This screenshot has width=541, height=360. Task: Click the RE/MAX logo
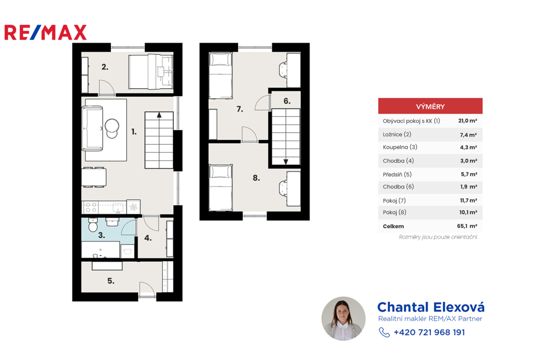tap(45, 32)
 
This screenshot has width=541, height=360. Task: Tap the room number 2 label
tap(105, 67)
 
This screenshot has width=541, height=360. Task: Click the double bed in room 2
tap(151, 72)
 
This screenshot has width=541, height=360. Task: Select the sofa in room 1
tap(92, 128)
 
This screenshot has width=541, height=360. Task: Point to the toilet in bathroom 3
tap(92, 225)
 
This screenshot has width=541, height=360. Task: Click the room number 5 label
tap(111, 281)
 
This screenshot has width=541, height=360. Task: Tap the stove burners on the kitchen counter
tap(91, 207)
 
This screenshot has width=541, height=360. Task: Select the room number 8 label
tap(256, 178)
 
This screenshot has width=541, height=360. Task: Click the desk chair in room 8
tap(283, 188)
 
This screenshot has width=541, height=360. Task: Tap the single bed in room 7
tap(220, 75)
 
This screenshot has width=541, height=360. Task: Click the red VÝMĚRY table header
tap(430, 106)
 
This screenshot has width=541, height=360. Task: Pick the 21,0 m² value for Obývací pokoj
tap(468, 121)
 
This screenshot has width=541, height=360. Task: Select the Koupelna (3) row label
tap(400, 147)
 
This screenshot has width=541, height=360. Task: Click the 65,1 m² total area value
tap(467, 226)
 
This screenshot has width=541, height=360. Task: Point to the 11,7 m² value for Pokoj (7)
tap(468, 200)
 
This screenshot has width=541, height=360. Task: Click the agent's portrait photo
tap(343, 319)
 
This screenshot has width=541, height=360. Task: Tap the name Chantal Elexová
tap(431, 307)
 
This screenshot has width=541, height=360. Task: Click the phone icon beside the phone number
tap(385, 332)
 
